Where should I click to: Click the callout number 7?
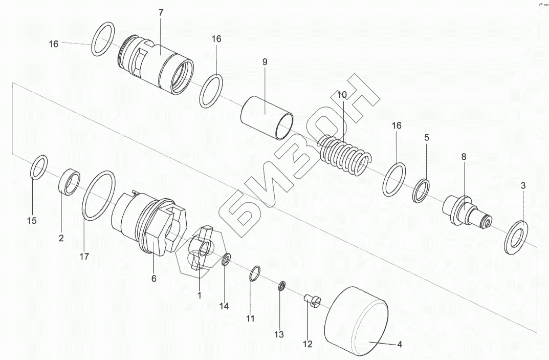coord(161,13)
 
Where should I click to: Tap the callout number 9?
coord(265,62)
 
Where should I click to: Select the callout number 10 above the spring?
coord(342,95)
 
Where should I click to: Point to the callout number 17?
coord(84,257)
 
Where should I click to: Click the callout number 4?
coord(400,345)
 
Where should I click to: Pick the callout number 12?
coord(307,345)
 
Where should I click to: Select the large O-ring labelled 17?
coord(97,197)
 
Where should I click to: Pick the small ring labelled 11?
coord(255,273)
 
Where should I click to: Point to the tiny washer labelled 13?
coord(281,286)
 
